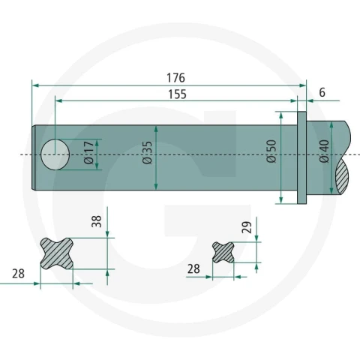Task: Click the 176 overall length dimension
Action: click(175, 78)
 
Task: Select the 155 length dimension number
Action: click(177, 94)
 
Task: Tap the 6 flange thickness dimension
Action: click(322, 92)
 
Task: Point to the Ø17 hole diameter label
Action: click(88, 152)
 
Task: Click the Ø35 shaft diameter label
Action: click(147, 152)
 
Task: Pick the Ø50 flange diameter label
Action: click(271, 151)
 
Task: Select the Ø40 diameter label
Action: click(325, 151)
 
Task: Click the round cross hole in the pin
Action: click(55, 154)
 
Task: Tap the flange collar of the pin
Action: click(301, 157)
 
